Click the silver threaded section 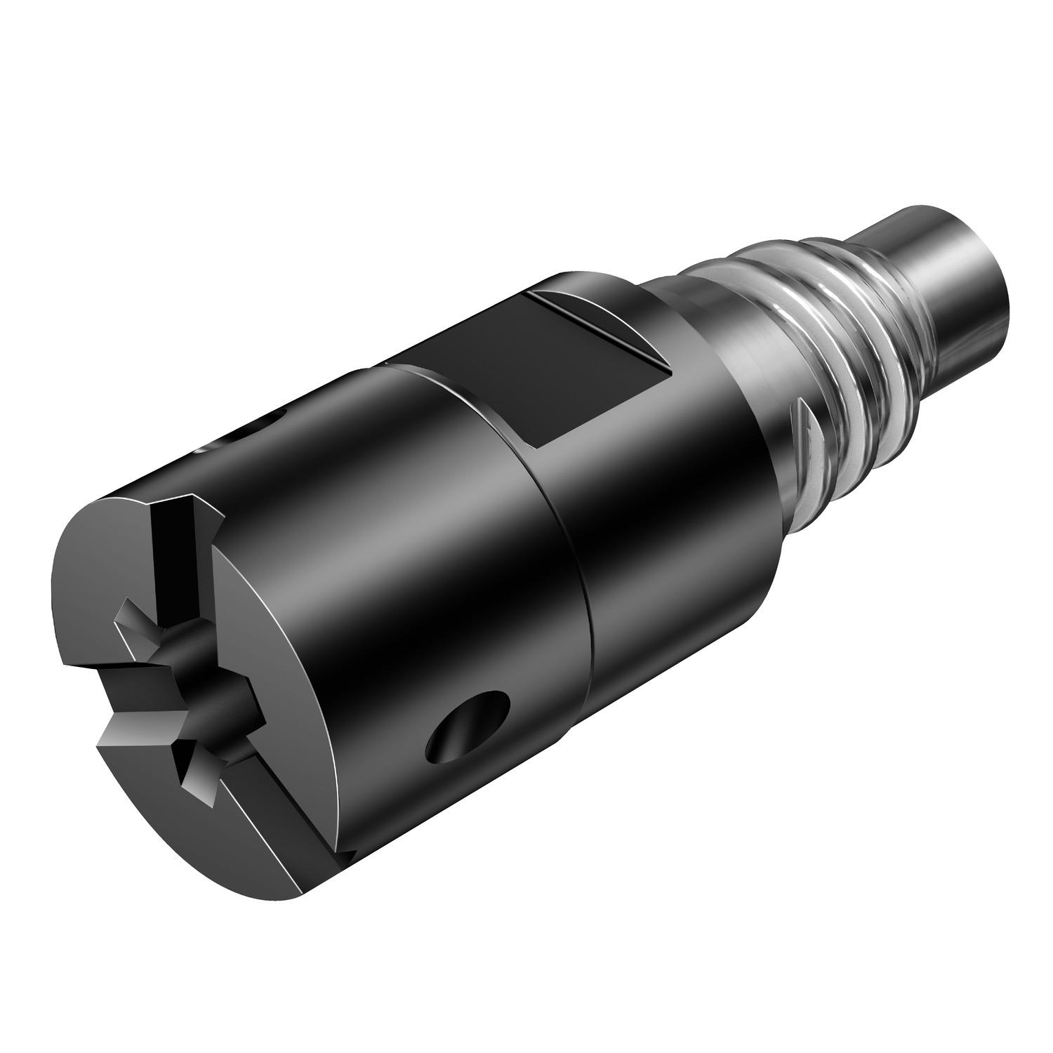828,393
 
